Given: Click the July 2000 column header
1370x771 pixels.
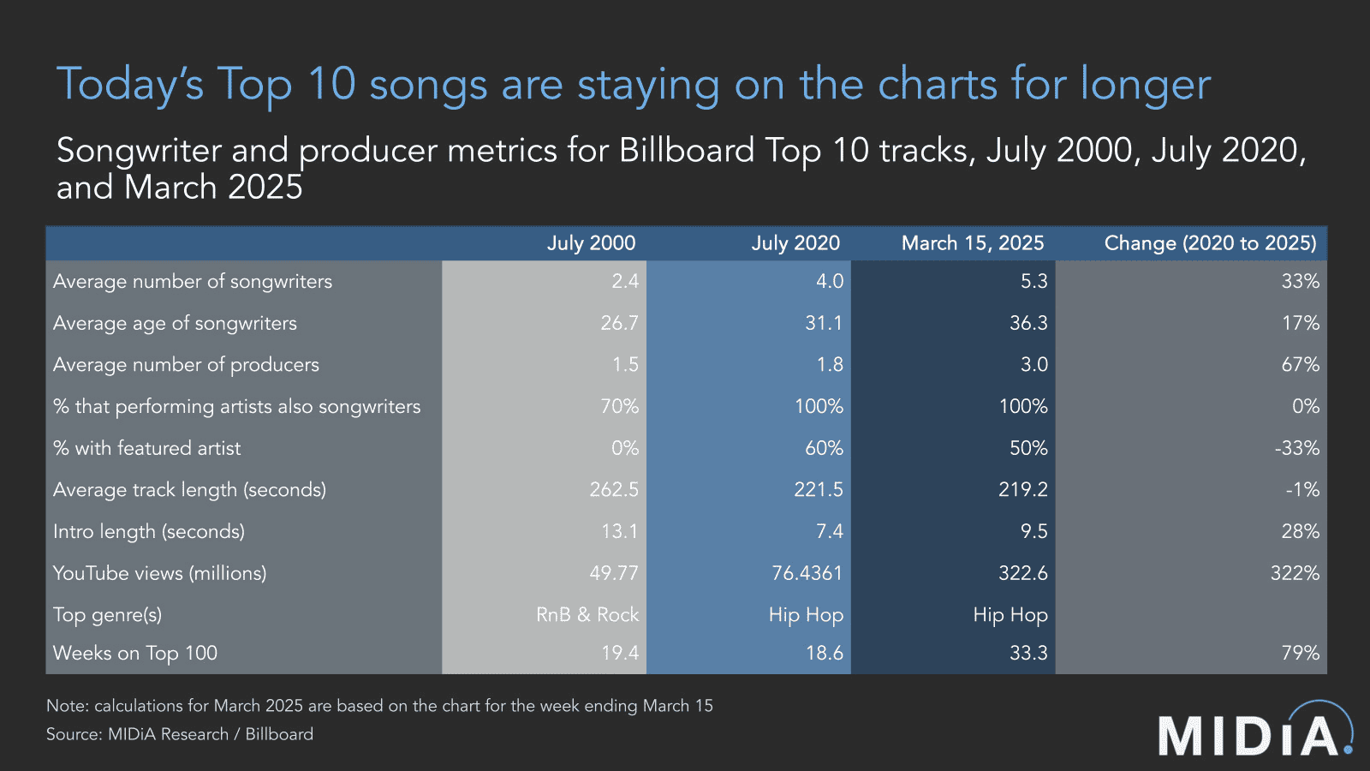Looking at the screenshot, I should (591, 243).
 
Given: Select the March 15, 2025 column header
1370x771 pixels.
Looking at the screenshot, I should (972, 243).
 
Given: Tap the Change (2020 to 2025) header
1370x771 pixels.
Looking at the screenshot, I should (1209, 243).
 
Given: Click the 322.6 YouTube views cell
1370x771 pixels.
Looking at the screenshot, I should (1022, 573).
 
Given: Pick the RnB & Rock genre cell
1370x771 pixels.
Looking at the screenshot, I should (587, 615).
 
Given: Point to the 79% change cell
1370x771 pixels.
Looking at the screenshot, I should (1300, 653).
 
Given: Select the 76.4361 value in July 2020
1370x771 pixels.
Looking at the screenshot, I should (807, 573).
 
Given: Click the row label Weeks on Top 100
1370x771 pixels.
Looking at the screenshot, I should (135, 653).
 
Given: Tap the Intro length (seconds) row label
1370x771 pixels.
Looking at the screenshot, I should (149, 532).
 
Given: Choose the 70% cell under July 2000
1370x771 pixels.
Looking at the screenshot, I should (619, 406).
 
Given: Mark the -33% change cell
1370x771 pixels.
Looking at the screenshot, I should (1296, 448).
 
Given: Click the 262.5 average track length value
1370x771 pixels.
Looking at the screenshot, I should (614, 490).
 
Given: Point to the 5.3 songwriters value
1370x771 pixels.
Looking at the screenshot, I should (1033, 281).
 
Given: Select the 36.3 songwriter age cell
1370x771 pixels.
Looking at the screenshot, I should (1027, 323).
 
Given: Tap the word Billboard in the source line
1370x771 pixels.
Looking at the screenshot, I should (279, 734).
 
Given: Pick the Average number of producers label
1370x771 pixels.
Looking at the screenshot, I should (186, 365).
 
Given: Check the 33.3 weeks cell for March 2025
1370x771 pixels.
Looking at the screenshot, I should (1027, 653).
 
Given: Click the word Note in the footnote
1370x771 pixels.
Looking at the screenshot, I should (67, 706).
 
